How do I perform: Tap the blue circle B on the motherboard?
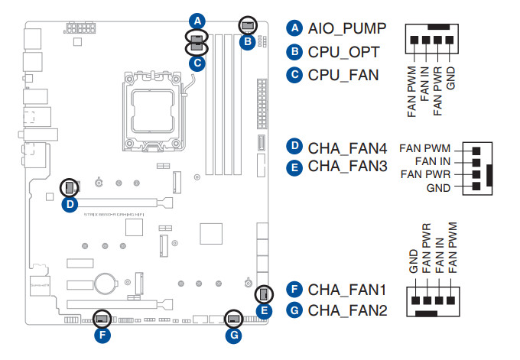246,43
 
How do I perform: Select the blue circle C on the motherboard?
197,63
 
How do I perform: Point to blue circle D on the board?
70,204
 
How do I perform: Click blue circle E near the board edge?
264,310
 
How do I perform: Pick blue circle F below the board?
102,334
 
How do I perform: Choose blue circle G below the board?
235,334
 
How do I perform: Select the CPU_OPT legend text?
345,52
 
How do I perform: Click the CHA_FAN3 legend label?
349,166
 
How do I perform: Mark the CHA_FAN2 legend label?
349,311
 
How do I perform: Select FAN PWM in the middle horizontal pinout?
425,148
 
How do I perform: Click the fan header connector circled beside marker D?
70,186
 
